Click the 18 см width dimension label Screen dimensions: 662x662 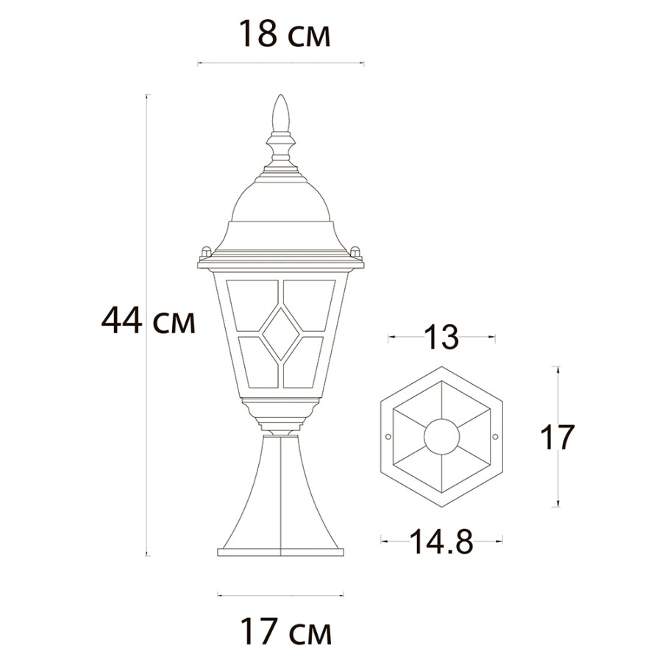pos(285,34)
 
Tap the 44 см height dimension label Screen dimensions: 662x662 pos(148,321)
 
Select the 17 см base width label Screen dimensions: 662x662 pos(286,631)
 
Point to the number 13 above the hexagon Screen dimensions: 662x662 pos(441,337)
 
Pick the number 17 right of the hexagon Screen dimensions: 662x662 pos(558,437)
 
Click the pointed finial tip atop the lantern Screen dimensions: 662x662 pos(281,96)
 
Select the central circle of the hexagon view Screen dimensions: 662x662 pos(441,437)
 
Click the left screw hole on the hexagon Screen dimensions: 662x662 pos(388,436)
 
